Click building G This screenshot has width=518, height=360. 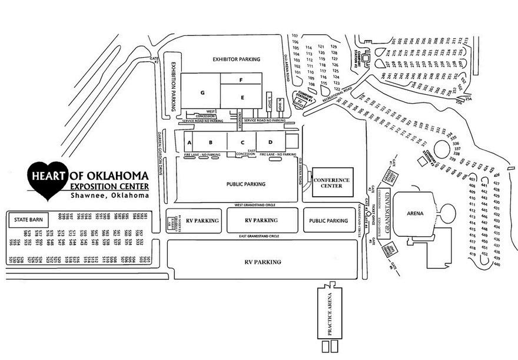(201, 93)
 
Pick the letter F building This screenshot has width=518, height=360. (241, 79)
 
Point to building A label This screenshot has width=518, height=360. (189, 143)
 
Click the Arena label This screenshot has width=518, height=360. (416, 213)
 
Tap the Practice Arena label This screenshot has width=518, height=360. (330, 313)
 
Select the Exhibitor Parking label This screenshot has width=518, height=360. (237, 60)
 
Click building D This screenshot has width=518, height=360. (270, 143)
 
